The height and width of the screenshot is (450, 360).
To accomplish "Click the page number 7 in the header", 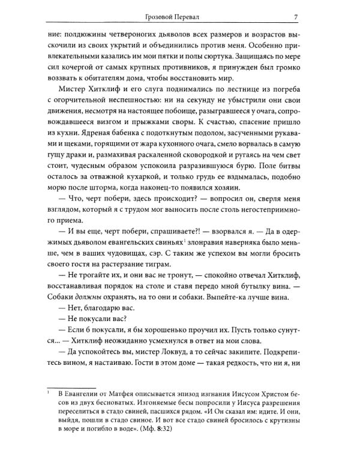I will tap(305, 16).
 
